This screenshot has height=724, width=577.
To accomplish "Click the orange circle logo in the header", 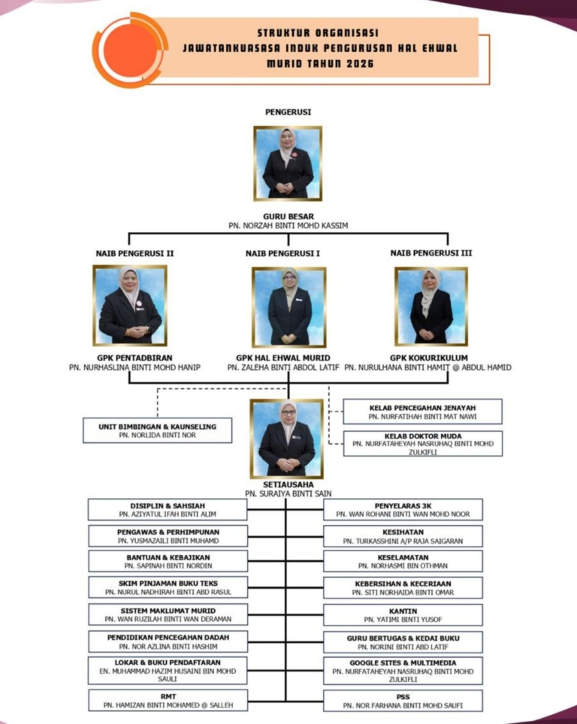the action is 130,50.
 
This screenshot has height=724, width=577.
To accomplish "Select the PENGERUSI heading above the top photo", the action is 288,112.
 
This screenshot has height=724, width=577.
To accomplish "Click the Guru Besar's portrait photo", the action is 288,164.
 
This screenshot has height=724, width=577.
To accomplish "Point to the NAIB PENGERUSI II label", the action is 135,254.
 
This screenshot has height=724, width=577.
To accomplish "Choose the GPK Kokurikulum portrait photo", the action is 431,306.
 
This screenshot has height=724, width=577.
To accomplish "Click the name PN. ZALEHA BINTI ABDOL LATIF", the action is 283,367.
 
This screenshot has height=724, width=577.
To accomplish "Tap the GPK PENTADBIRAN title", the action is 135,357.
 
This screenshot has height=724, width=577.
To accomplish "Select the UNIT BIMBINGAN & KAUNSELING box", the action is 158,430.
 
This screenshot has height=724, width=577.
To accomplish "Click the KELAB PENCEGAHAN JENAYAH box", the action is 422,412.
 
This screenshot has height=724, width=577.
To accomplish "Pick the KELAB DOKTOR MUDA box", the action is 423,444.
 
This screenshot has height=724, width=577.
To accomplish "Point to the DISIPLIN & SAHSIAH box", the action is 168,510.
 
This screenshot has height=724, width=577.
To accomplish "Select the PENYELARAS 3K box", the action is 403,510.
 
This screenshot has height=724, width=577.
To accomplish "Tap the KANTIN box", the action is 403,615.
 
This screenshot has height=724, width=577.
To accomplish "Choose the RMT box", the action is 168,701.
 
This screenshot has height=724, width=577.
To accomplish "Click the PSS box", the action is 403,701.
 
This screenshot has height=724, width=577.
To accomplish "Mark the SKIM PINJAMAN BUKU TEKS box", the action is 168,587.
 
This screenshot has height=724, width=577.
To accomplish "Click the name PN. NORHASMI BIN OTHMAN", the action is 403,566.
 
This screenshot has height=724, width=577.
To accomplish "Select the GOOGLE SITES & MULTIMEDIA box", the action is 403,671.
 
